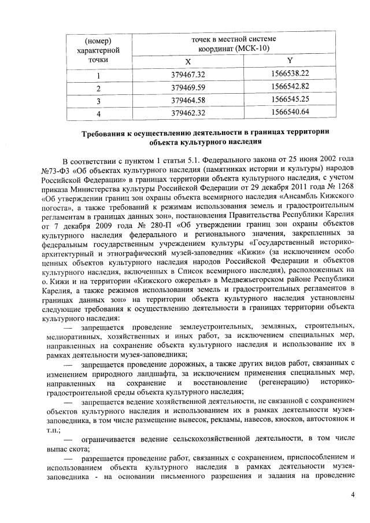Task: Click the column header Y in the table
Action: [290, 61]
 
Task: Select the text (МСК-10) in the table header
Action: [253, 48]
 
